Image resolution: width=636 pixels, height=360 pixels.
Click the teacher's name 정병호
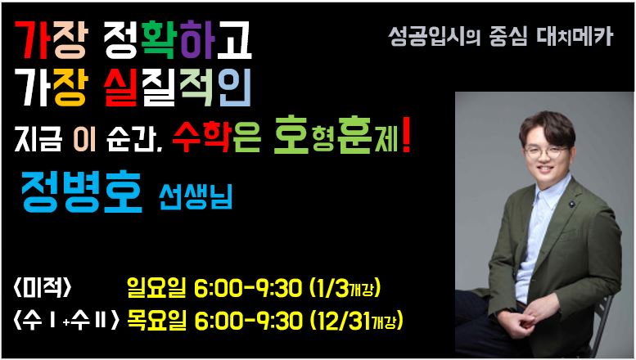82,192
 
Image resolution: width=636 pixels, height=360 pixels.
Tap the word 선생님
196,197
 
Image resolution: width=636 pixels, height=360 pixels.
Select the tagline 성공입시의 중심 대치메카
500,37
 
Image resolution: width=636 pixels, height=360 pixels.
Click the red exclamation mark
406,135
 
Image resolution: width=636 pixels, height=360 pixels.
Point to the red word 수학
201,137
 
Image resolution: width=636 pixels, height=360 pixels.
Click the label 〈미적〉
43,289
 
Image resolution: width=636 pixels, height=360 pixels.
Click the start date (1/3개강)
345,288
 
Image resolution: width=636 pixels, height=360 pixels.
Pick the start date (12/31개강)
356,321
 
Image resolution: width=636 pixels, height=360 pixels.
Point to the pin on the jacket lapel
572,204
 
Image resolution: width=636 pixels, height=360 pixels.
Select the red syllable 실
120,88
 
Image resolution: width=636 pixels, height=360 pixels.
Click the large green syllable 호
291,135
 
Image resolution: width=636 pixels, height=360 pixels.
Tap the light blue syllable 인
234,88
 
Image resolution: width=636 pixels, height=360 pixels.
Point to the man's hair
547,128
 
